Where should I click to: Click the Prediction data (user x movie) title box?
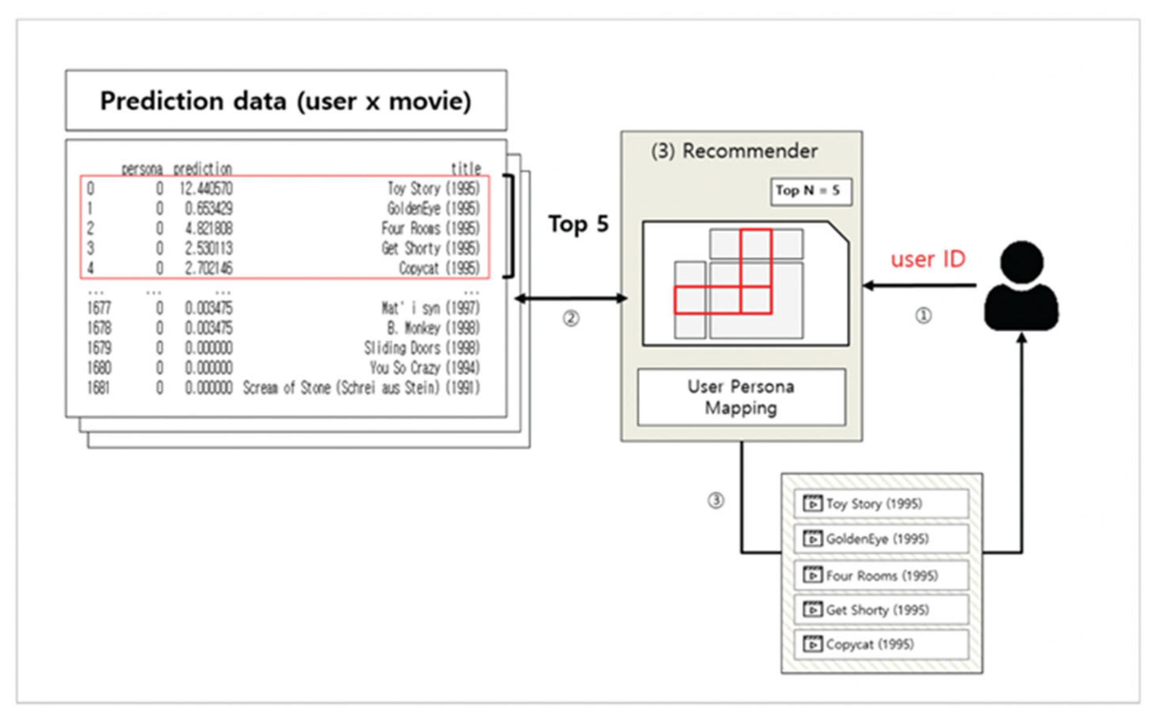click(286, 100)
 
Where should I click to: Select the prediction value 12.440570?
click(206, 189)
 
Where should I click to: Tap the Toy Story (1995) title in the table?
click(433, 189)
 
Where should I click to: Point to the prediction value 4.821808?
click(209, 229)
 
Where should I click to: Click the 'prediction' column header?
click(202, 168)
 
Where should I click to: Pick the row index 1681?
click(98, 388)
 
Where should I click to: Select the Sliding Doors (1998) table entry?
click(422, 348)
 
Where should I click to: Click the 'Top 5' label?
click(578, 224)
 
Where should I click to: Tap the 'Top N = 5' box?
click(811, 191)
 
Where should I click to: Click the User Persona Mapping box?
click(741, 397)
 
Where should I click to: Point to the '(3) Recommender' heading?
click(734, 151)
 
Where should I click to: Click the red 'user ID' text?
click(928, 259)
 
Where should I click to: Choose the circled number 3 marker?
click(715, 500)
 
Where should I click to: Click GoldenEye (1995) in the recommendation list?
click(877, 539)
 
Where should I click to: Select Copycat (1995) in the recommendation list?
click(870, 644)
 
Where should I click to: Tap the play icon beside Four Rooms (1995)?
click(812, 575)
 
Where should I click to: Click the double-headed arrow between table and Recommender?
click(571, 298)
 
